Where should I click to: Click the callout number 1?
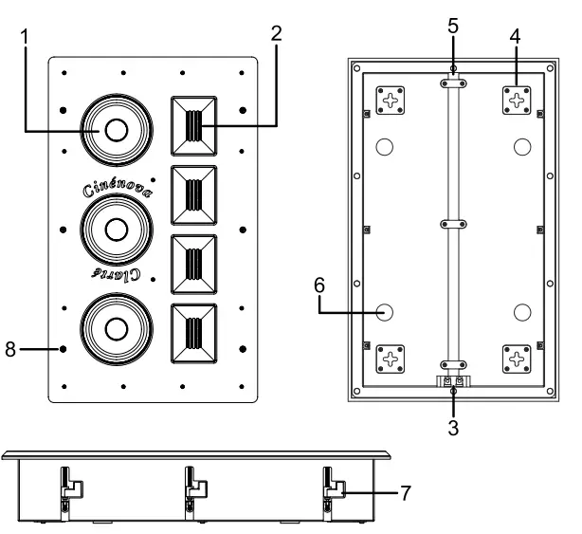pyautogui.click(x=26, y=37)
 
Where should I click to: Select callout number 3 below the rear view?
pyautogui.click(x=453, y=428)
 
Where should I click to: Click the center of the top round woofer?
pyautogui.click(x=116, y=130)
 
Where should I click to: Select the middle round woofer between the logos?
pyautogui.click(x=116, y=229)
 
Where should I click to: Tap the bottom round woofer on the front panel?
pyautogui.click(x=116, y=327)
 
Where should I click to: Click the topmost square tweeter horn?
pyautogui.click(x=194, y=126)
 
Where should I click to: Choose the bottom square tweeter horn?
pyautogui.click(x=194, y=335)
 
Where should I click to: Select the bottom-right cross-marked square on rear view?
pyautogui.click(x=517, y=359)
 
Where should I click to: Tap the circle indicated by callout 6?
pyautogui.click(x=385, y=312)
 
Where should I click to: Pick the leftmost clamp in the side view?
pyautogui.click(x=67, y=484)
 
